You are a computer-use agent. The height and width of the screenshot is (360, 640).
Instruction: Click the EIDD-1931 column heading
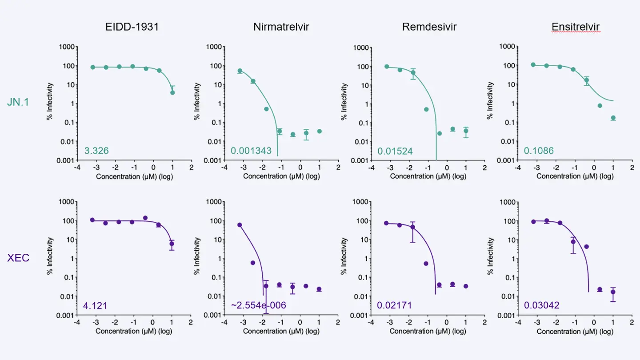(132, 27)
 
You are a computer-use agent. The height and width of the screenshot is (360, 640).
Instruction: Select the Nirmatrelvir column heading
(281, 27)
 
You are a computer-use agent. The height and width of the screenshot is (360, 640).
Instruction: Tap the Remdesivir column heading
(429, 27)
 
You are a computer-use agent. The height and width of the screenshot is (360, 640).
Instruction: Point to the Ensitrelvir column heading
(576, 27)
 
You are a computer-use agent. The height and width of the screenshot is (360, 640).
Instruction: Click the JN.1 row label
(19, 102)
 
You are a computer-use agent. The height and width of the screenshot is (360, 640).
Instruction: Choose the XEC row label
(18, 258)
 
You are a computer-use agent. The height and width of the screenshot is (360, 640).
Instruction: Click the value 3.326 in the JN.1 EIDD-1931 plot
(96, 151)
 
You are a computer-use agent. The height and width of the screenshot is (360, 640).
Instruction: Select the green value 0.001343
(251, 151)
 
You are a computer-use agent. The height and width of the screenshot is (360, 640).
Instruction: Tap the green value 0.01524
(395, 151)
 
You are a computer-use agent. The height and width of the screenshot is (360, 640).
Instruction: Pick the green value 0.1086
(539, 151)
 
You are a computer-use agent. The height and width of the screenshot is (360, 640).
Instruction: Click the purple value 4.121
(95, 306)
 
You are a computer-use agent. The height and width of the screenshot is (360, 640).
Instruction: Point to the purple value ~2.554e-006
(258, 306)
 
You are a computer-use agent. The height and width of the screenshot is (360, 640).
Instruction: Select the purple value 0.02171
(394, 306)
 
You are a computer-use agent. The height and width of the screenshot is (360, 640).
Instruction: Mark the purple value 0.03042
(541, 306)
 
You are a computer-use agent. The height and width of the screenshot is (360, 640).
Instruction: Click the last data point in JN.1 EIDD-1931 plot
(172, 92)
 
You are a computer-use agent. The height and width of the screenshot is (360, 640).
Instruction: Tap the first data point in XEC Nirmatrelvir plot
(240, 225)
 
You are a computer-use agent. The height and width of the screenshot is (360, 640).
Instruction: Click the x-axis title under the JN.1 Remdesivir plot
(428, 176)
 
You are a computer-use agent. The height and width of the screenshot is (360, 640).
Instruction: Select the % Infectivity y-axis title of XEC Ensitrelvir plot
(490, 258)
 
